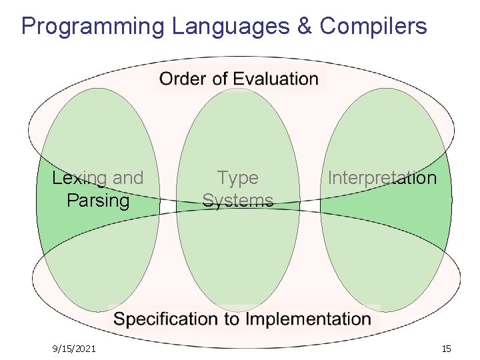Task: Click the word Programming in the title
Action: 93,27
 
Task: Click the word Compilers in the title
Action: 373,27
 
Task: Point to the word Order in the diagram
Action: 181,79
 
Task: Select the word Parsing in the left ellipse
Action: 98,200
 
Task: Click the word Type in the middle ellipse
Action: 238,178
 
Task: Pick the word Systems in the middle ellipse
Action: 238,200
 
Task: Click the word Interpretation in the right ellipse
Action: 382,178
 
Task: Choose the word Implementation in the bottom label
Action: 309,319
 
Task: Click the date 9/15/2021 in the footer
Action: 74,348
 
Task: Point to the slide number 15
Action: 446,348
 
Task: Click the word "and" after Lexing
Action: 128,178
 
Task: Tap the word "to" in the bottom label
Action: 232,319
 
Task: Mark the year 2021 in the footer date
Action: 85,348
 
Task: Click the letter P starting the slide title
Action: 27,27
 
